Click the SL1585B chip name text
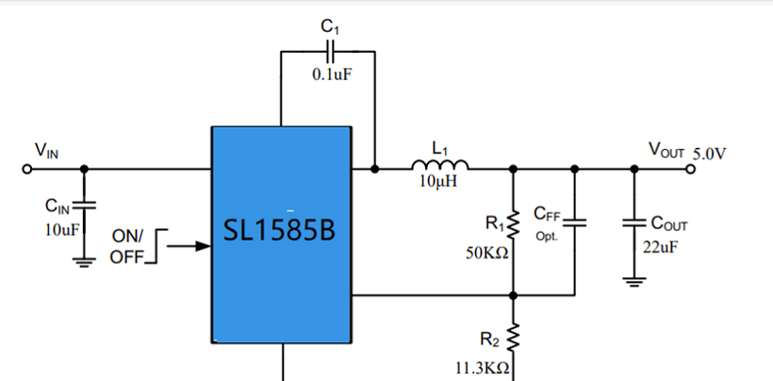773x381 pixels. coord(280,230)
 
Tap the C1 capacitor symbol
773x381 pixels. coord(330,51)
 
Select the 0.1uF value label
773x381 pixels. coord(332,75)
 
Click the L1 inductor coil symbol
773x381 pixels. coord(439,165)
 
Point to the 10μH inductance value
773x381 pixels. coord(438,181)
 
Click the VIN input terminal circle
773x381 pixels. coord(27,169)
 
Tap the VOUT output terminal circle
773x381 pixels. coord(691,169)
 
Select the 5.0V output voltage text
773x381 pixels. coord(710,154)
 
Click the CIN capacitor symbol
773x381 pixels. coord(84,205)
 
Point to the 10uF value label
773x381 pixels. coord(61,230)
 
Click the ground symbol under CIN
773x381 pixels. coord(84,263)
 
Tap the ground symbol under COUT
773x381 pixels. coord(634,282)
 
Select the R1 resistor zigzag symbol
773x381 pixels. coord(513,224)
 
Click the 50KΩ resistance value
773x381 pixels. coord(487,254)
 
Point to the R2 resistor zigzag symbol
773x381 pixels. coord(513,338)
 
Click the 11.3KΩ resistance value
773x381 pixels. coord(482,368)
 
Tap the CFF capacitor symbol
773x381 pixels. coord(574,223)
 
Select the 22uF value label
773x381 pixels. coord(660,246)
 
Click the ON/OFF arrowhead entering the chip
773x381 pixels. coord(204,245)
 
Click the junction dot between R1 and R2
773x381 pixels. coord(513,295)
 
